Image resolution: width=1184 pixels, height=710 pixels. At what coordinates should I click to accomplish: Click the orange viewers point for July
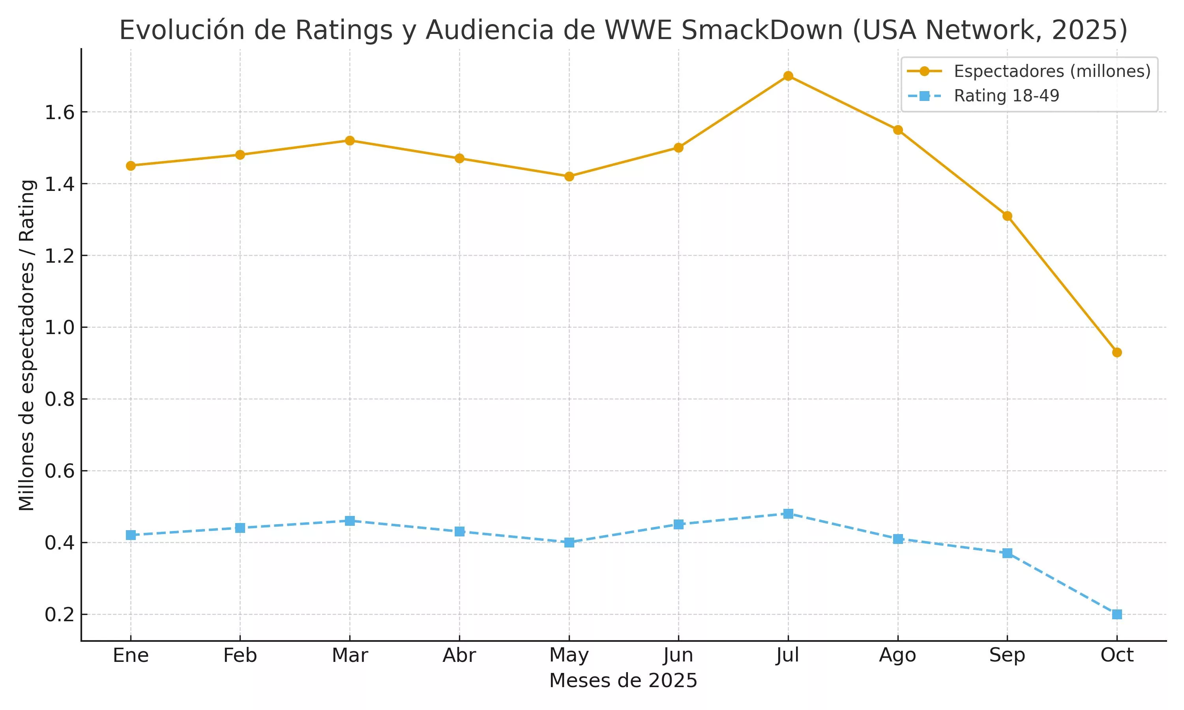click(788, 76)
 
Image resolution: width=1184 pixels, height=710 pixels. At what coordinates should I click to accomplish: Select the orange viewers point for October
click(1117, 353)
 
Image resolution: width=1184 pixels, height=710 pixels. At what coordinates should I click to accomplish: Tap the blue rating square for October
click(1117, 614)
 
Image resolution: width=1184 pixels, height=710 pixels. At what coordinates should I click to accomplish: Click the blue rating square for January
click(131, 535)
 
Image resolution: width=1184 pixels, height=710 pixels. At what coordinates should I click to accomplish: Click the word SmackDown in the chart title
click(761, 30)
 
